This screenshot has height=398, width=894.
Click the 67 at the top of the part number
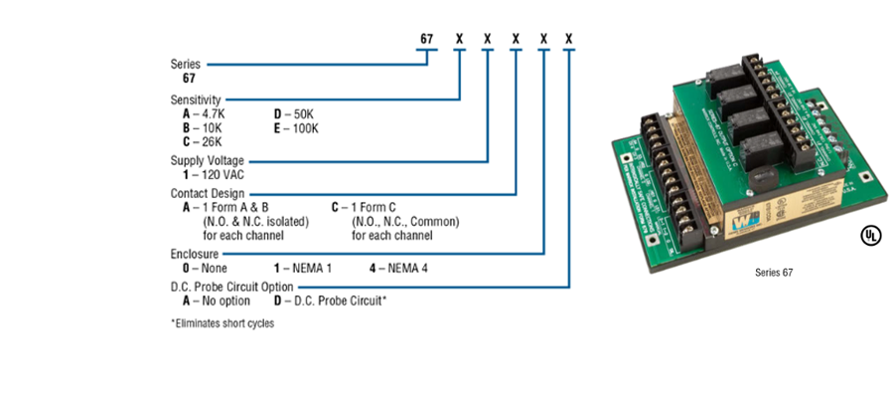coord(426,40)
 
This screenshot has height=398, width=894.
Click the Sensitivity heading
coord(196,99)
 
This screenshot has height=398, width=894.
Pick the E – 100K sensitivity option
coord(296,127)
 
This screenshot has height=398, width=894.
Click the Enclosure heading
coord(194,254)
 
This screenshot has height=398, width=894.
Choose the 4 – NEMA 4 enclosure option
coord(396,269)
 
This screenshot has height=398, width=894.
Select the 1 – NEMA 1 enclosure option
coord(303,269)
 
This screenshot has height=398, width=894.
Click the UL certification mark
coord(869,236)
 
